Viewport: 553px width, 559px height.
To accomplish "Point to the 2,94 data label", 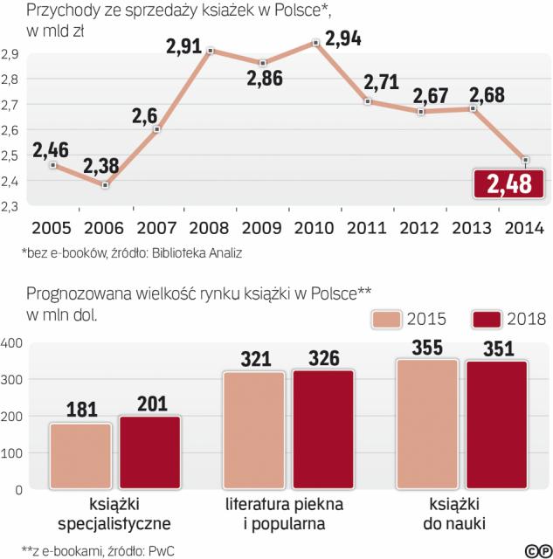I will click(342, 38).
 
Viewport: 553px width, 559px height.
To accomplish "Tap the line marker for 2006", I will click(105, 185).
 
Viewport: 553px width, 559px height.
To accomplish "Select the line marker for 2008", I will click(211, 51).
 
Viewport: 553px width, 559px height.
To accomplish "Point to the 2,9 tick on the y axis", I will click(12, 54).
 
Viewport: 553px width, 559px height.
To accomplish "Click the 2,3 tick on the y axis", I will click(12, 206).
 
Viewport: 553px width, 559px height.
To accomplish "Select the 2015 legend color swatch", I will click(397, 319).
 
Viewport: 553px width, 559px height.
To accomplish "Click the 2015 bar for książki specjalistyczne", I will click(81, 456).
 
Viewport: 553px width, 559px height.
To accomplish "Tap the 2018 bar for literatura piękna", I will click(323, 430).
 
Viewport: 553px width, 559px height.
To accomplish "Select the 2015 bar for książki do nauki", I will click(426, 424).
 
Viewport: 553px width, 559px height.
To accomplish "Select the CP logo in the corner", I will click(535, 549).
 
